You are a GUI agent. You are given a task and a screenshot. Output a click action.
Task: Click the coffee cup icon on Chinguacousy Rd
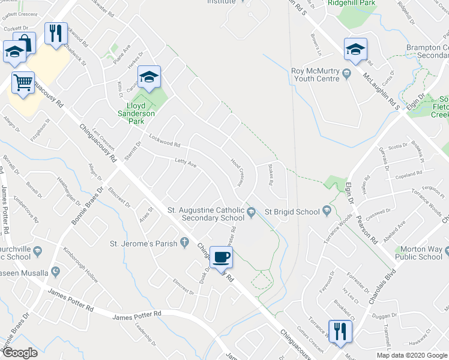[x=222, y=256]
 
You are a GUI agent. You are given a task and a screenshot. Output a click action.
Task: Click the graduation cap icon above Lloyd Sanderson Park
[x=149, y=76]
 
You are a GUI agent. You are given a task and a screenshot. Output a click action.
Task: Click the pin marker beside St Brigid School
[x=327, y=211]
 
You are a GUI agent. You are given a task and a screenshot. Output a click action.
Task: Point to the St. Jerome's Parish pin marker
[x=185, y=243]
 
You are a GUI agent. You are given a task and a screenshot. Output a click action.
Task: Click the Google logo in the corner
[x=20, y=353]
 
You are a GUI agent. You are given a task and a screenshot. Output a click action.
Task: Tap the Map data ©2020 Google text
[x=412, y=355]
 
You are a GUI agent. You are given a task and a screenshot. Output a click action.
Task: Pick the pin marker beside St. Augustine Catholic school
[x=253, y=217]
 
